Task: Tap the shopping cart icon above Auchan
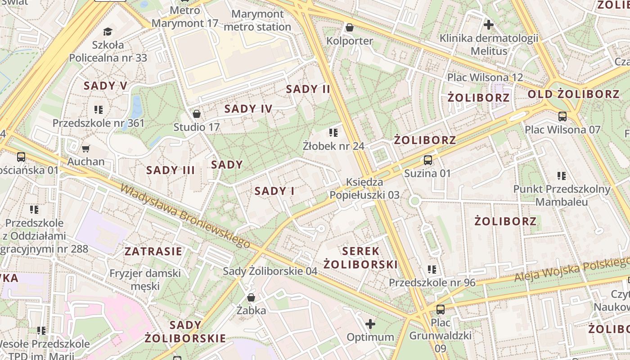(85, 148)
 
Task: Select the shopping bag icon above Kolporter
(349, 28)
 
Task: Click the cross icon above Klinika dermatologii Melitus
(488, 24)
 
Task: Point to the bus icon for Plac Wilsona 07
(562, 117)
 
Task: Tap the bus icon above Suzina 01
(427, 160)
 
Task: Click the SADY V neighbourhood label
(105, 86)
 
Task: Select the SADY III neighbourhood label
(171, 170)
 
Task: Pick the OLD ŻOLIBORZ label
(573, 94)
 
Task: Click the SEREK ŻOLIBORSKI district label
(360, 257)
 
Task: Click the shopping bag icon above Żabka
(251, 297)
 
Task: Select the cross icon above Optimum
(370, 324)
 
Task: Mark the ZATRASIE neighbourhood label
(153, 251)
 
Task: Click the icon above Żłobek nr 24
(333, 133)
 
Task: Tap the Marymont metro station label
(257, 20)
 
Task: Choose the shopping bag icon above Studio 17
(196, 114)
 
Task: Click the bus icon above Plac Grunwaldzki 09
(440, 310)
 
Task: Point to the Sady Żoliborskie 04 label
(270, 271)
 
